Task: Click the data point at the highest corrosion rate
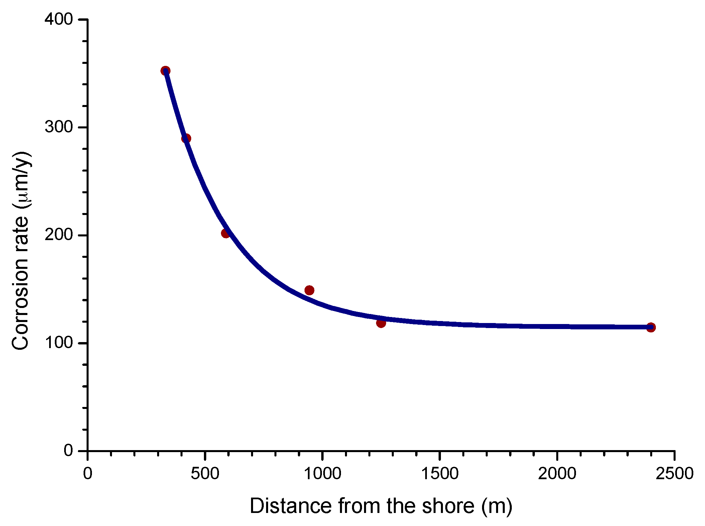(165, 71)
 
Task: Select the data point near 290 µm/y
(186, 138)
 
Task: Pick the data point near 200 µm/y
(226, 233)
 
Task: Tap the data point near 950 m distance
(310, 290)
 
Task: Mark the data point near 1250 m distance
(381, 323)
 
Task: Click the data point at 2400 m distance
(651, 327)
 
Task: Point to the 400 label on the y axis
(59, 19)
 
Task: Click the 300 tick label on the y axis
(59, 127)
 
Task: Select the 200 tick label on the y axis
(59, 235)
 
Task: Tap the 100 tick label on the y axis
(59, 343)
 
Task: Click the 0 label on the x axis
(88, 474)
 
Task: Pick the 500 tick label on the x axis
(205, 474)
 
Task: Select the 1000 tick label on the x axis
(323, 474)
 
